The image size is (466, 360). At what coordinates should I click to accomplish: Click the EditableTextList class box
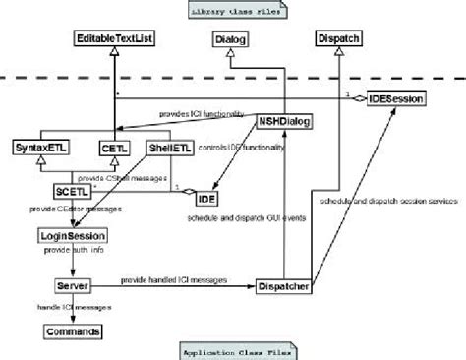(x=115, y=39)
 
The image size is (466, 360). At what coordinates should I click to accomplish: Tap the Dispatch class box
(x=338, y=39)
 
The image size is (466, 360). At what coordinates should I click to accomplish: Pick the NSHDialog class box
(x=283, y=122)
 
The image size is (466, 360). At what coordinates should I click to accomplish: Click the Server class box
(x=73, y=285)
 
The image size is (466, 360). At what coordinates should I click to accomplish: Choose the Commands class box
(x=73, y=332)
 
